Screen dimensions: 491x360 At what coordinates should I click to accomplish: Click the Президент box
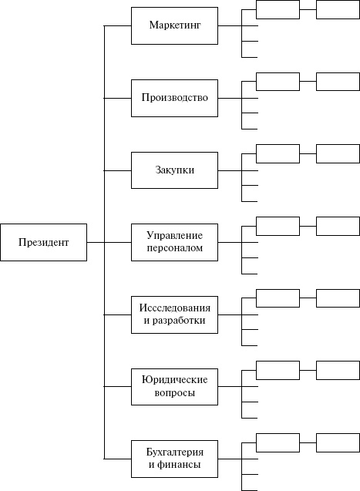coord(43,243)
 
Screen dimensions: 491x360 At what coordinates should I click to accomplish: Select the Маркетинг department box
coord(174,26)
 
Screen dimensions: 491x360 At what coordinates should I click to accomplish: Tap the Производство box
coord(174,98)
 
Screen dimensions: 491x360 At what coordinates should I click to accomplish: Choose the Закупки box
coord(174,170)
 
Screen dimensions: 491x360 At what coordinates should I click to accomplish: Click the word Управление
coord(174,235)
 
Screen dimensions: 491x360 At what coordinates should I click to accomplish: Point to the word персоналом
coord(174,249)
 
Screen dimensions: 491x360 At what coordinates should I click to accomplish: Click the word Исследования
coord(174,307)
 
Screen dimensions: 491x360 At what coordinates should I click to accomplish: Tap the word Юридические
coord(174,379)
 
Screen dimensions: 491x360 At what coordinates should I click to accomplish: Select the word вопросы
coord(174,393)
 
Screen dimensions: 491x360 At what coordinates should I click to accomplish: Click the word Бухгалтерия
coord(174,452)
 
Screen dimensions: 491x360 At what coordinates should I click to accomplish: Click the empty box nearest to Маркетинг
coord(278,9)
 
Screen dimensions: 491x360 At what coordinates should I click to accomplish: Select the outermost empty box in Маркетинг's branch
coord(338,9)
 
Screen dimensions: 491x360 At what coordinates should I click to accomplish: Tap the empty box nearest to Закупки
coord(278,153)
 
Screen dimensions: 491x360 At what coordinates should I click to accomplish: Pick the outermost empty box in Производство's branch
coord(338,82)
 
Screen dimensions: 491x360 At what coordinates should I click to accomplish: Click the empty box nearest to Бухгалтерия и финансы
coord(278,442)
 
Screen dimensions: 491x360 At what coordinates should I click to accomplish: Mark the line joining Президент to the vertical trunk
coord(95,243)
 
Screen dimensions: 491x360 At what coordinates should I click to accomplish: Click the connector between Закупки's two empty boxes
coord(308,153)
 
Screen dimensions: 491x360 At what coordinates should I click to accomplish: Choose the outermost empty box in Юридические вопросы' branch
coord(338,370)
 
